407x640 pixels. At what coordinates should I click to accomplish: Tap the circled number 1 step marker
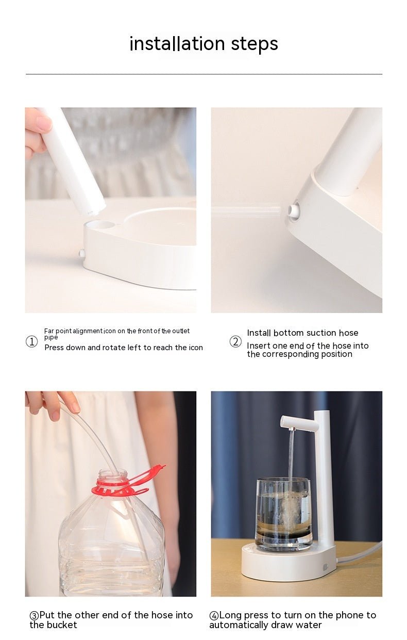[x=32, y=341]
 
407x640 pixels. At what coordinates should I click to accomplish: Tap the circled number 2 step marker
[x=235, y=341]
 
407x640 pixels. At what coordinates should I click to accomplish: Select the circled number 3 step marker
[x=34, y=616]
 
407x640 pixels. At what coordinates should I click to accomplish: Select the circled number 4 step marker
[x=214, y=616]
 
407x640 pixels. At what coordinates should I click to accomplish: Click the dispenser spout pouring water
[x=298, y=423]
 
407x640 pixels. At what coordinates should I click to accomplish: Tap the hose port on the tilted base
[x=294, y=210]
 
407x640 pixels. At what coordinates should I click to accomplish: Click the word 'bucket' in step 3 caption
[x=62, y=625]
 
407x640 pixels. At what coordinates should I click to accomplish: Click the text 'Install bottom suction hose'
[x=302, y=333]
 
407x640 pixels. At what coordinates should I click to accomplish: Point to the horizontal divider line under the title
[x=203, y=74]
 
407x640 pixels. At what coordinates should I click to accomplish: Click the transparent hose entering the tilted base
[x=247, y=211]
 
